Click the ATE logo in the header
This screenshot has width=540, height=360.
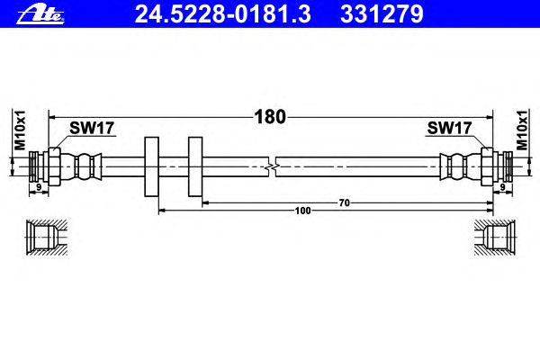pyautogui.click(x=40, y=15)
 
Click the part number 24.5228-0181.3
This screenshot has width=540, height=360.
pyautogui.click(x=223, y=14)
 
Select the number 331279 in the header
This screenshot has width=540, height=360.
pyautogui.click(x=382, y=14)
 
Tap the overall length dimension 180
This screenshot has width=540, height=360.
pyautogui.click(x=270, y=117)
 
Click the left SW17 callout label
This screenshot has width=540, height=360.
pyautogui.click(x=92, y=128)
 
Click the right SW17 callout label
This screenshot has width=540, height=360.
pyautogui.click(x=449, y=128)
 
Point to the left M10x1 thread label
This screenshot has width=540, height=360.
pyautogui.click(x=20, y=130)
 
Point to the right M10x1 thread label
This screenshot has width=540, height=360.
pyautogui.click(x=522, y=130)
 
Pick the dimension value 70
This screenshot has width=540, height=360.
pyautogui.click(x=344, y=202)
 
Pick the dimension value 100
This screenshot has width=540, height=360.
pyautogui.click(x=302, y=211)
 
